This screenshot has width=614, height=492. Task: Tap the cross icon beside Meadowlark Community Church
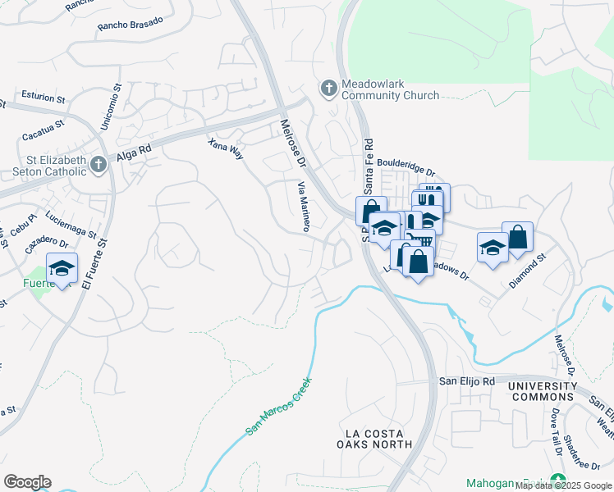[x=328, y=88]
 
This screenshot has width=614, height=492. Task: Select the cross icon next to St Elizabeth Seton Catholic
[x=98, y=164]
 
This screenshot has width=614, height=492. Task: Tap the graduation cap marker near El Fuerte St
[x=62, y=269]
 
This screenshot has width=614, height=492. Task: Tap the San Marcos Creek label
[x=279, y=406]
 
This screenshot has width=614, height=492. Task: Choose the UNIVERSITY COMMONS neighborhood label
[x=542, y=391]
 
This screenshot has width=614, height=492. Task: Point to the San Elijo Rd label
[x=466, y=381]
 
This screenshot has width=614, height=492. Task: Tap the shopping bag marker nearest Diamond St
[x=518, y=238]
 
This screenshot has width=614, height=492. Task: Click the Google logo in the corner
[x=27, y=481]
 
